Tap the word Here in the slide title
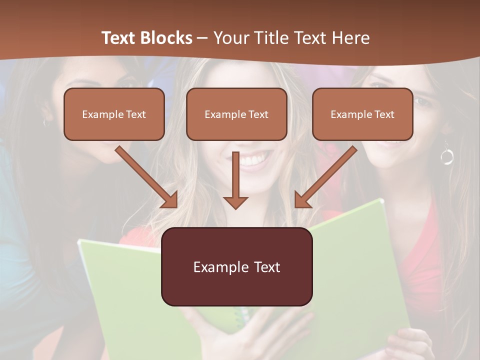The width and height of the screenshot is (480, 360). [x=350, y=38]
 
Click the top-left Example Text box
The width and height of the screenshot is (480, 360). [x=114, y=114]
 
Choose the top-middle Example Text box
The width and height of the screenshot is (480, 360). [x=236, y=114]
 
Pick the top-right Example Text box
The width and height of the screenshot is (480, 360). [x=362, y=114]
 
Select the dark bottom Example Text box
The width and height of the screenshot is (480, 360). [x=236, y=266]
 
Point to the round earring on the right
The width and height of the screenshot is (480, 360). [x=446, y=156]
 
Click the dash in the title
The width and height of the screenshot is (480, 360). [x=202, y=38]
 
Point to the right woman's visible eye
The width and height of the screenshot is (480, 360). [x=421, y=101]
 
